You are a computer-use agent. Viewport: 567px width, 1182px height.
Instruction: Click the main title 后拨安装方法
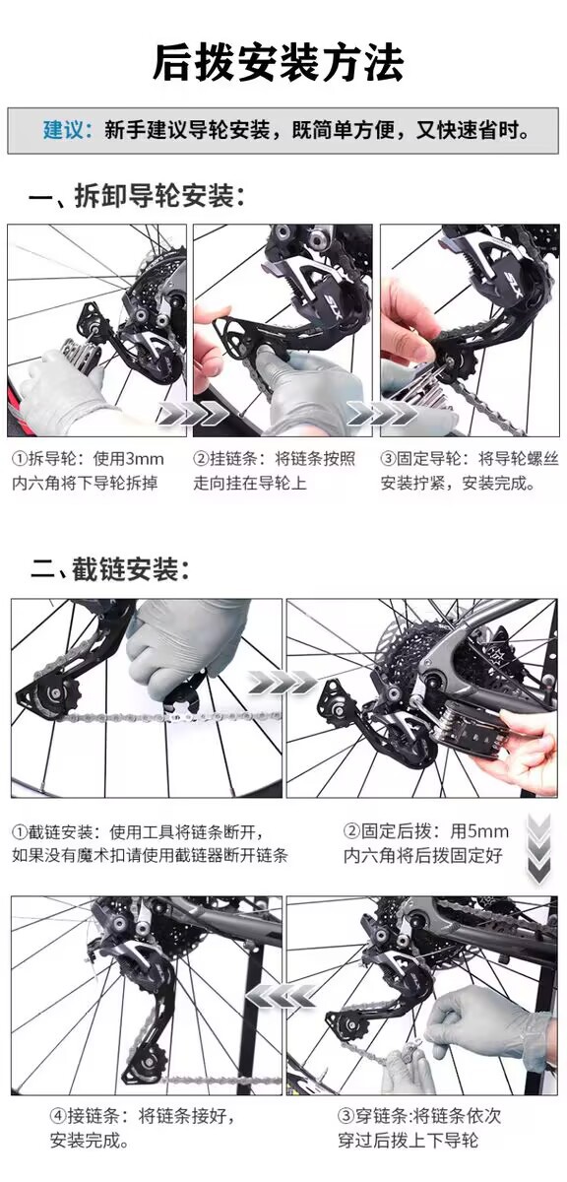pos(278,63)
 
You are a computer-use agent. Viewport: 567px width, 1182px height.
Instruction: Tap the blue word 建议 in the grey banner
pos(62,130)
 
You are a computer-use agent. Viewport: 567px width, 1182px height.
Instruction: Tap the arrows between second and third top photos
pos(381,413)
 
